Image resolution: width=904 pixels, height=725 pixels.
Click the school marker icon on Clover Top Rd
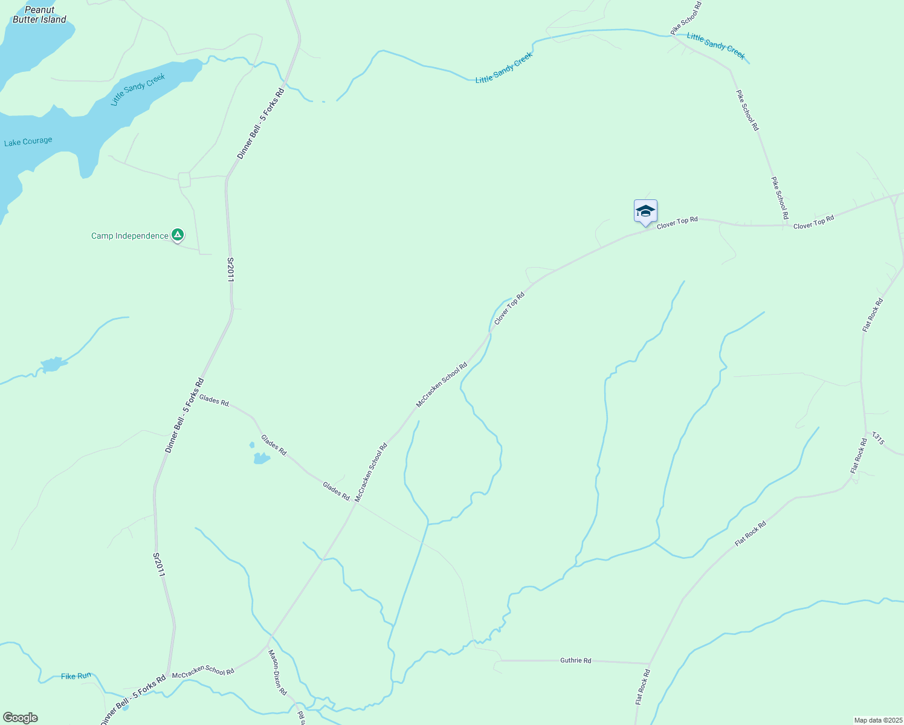(645, 211)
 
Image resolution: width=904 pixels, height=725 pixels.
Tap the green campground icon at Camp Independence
(177, 234)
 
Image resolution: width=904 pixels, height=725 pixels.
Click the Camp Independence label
(130, 236)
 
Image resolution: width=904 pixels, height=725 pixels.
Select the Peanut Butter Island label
(40, 14)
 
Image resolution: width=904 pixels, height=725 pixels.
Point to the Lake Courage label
(28, 142)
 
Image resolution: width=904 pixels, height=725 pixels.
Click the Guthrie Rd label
(575, 660)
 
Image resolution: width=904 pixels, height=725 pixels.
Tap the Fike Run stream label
(76, 676)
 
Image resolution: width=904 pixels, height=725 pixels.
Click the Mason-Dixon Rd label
(277, 672)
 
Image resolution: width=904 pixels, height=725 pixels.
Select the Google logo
(20, 718)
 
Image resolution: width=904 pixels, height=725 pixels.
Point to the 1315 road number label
(877, 439)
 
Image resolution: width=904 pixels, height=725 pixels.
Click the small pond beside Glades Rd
(261, 457)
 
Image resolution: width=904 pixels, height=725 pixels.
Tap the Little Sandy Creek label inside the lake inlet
(138, 90)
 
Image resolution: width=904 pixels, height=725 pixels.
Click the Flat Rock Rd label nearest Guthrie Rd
(642, 686)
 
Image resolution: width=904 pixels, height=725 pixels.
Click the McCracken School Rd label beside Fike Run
(203, 671)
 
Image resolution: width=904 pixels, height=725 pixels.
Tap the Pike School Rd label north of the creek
(686, 18)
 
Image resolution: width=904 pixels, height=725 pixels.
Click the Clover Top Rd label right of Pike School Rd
(813, 222)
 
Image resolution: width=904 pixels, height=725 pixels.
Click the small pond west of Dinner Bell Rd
(52, 364)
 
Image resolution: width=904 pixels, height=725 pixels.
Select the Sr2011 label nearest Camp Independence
(230, 269)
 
